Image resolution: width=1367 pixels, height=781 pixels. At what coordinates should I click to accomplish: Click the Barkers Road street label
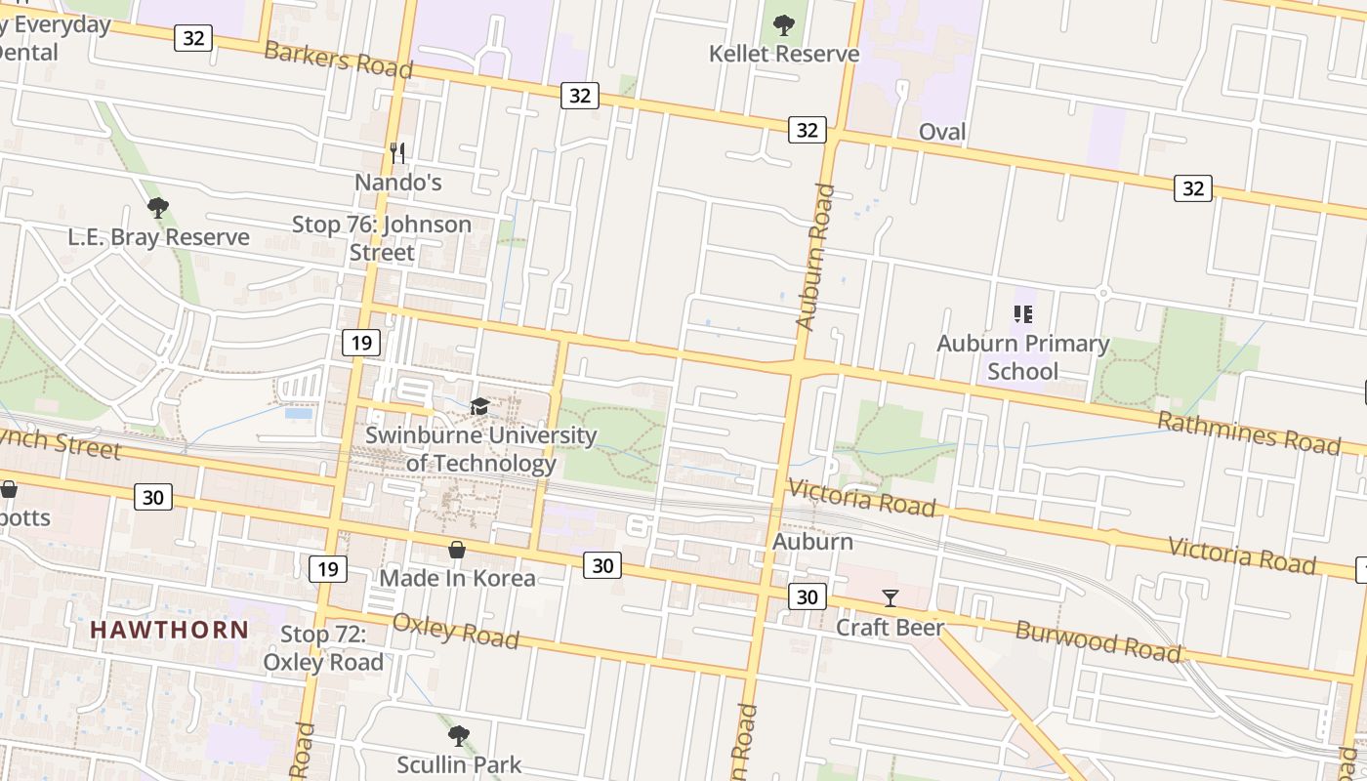click(x=338, y=60)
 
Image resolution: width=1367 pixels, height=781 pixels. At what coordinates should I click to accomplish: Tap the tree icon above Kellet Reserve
click(x=784, y=25)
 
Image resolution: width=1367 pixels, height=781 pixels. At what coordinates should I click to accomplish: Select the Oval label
click(x=942, y=132)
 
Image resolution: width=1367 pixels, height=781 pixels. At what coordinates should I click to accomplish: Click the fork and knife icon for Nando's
click(x=397, y=152)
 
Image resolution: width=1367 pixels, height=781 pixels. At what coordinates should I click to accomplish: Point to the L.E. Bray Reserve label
click(x=158, y=237)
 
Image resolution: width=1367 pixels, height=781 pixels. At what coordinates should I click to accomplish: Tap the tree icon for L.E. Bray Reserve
click(x=157, y=208)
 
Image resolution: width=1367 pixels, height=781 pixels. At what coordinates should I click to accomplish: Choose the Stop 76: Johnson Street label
click(x=382, y=238)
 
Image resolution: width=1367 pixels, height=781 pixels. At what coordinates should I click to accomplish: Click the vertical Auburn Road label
click(x=815, y=256)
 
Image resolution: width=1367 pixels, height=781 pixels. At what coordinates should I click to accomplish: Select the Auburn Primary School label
click(x=1022, y=357)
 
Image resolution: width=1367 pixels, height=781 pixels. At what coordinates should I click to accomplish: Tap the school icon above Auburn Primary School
click(x=1022, y=314)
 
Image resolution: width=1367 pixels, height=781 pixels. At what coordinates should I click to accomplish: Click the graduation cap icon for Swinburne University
click(x=479, y=406)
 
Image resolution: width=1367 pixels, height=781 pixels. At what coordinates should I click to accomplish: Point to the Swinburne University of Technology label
click(x=480, y=449)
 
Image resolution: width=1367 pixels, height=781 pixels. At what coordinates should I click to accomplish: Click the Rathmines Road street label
click(x=1249, y=432)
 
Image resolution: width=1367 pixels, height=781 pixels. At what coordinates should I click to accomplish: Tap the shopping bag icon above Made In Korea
click(x=457, y=551)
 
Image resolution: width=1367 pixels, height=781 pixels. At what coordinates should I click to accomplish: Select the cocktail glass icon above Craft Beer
click(x=890, y=597)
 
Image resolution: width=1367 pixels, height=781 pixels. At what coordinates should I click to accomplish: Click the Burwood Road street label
click(x=1098, y=641)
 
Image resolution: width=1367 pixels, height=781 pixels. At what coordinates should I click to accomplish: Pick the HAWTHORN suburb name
click(x=170, y=630)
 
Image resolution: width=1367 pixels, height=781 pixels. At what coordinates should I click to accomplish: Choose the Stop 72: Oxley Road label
click(x=323, y=648)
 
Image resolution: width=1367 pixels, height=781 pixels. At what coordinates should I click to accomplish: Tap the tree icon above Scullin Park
click(x=459, y=735)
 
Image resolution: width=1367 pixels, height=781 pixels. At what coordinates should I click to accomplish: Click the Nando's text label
click(x=397, y=183)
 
